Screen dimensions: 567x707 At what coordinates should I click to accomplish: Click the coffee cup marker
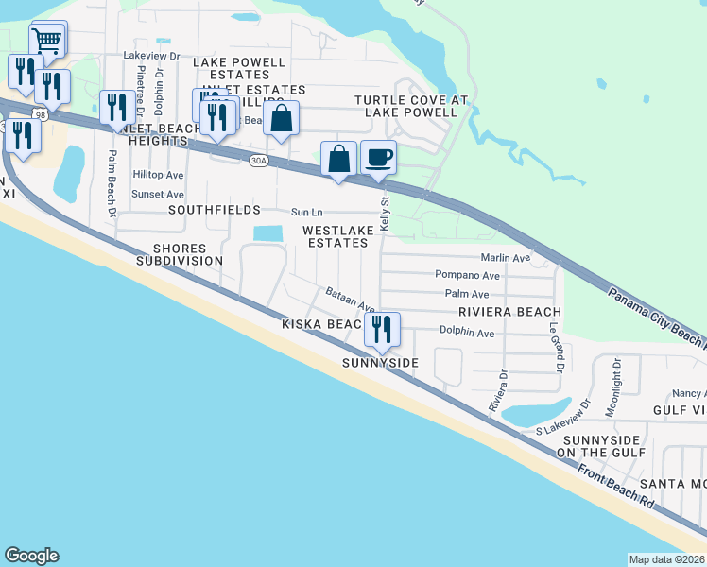pyautogui.click(x=378, y=157)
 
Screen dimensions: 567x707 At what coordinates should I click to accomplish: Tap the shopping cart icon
pyautogui.click(x=46, y=41)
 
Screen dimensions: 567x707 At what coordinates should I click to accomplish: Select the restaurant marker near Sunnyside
pyautogui.click(x=382, y=329)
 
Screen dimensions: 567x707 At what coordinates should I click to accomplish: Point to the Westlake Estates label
pyautogui.click(x=335, y=236)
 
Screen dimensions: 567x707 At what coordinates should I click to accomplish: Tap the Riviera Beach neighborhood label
pyautogui.click(x=509, y=312)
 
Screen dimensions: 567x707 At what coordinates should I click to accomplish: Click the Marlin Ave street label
pyautogui.click(x=506, y=257)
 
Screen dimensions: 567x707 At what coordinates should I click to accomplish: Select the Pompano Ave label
pyautogui.click(x=467, y=275)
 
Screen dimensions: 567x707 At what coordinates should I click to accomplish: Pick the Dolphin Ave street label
pyautogui.click(x=467, y=333)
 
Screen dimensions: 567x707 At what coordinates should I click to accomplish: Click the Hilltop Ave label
pyautogui.click(x=158, y=175)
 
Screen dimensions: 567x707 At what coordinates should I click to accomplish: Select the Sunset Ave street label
pyautogui.click(x=158, y=194)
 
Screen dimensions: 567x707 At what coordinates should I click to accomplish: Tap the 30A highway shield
pyautogui.click(x=258, y=161)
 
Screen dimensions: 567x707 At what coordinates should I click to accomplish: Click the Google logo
pyautogui.click(x=31, y=556)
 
